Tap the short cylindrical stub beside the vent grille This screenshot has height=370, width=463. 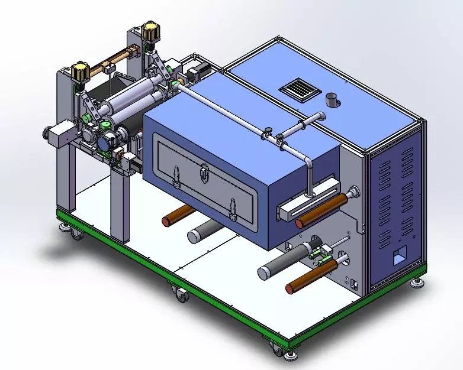point(332,99)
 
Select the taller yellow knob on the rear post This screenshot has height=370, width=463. point(150,31)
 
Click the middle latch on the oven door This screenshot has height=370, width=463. point(204,174)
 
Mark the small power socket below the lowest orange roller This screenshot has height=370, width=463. point(355,284)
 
